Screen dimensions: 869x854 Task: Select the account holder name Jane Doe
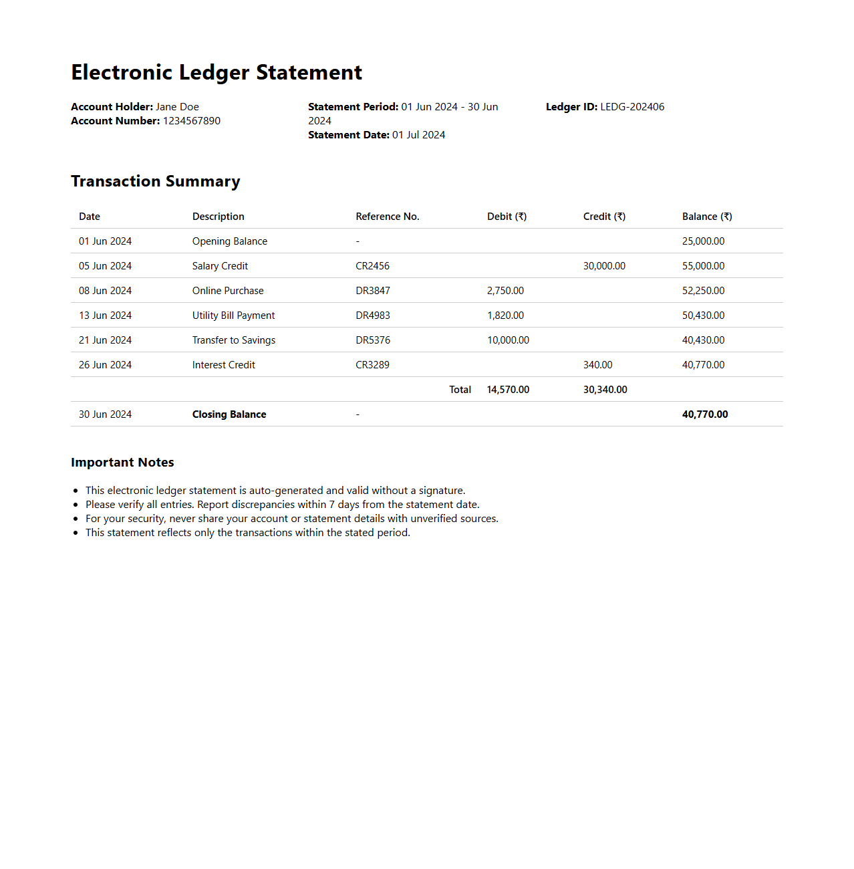pos(177,107)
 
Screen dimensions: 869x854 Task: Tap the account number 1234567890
pos(192,121)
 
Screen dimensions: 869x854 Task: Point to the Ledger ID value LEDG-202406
pos(632,107)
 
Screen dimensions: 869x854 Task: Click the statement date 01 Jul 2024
pos(418,135)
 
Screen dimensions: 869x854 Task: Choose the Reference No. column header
pos(388,217)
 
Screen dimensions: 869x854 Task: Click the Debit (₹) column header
pos(507,217)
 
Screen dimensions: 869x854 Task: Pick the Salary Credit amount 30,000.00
pos(604,266)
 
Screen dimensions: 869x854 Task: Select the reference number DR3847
pos(373,291)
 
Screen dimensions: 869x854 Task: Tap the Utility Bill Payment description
pos(233,316)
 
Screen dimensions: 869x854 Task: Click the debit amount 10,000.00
pos(508,340)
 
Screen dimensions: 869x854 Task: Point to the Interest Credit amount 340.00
pos(597,365)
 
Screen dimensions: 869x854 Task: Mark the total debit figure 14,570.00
pos(508,390)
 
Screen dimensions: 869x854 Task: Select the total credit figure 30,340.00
pos(605,390)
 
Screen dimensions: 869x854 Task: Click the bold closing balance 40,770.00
pos(705,414)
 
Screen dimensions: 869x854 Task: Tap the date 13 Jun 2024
pos(105,316)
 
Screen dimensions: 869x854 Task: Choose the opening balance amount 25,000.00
pos(703,241)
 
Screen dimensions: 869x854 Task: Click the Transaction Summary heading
pos(156,181)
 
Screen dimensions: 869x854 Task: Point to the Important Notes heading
pos(122,463)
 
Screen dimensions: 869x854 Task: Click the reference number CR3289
pos(372,365)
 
